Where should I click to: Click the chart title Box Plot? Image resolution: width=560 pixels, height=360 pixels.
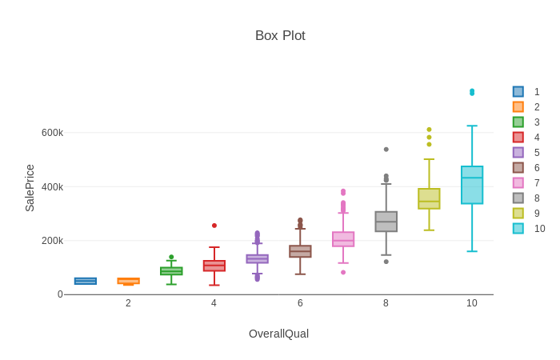tap(280, 36)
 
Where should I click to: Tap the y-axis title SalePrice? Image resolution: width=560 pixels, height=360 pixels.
tap(30, 188)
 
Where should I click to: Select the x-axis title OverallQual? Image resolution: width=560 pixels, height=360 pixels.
tap(278, 334)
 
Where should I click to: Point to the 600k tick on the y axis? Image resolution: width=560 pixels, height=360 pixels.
tap(52, 133)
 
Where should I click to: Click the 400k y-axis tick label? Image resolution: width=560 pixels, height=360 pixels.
tap(52, 187)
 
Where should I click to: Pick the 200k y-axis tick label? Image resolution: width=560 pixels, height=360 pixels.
tap(52, 241)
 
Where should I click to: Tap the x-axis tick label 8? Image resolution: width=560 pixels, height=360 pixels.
tap(386, 303)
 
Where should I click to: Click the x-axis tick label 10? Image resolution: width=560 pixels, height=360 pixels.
tap(472, 303)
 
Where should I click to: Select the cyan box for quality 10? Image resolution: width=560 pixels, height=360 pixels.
tap(472, 186)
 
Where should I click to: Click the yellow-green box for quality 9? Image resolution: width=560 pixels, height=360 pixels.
tap(429, 198)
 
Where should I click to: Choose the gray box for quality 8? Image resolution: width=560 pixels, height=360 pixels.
tap(386, 222)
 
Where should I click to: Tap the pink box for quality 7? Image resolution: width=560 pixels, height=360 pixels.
tap(343, 239)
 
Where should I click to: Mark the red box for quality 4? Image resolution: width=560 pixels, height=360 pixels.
tap(214, 266)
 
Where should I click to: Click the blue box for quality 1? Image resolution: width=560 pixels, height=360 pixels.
tap(86, 281)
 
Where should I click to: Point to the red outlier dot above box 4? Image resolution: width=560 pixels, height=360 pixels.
tap(214, 226)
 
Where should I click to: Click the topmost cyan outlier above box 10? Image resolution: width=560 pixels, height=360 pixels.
tap(472, 91)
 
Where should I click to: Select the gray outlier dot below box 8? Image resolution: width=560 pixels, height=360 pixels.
tap(386, 262)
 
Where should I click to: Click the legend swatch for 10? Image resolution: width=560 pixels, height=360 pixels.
tap(518, 229)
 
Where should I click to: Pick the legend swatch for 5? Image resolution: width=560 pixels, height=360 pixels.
tap(518, 153)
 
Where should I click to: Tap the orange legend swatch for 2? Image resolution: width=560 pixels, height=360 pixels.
tap(518, 107)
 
